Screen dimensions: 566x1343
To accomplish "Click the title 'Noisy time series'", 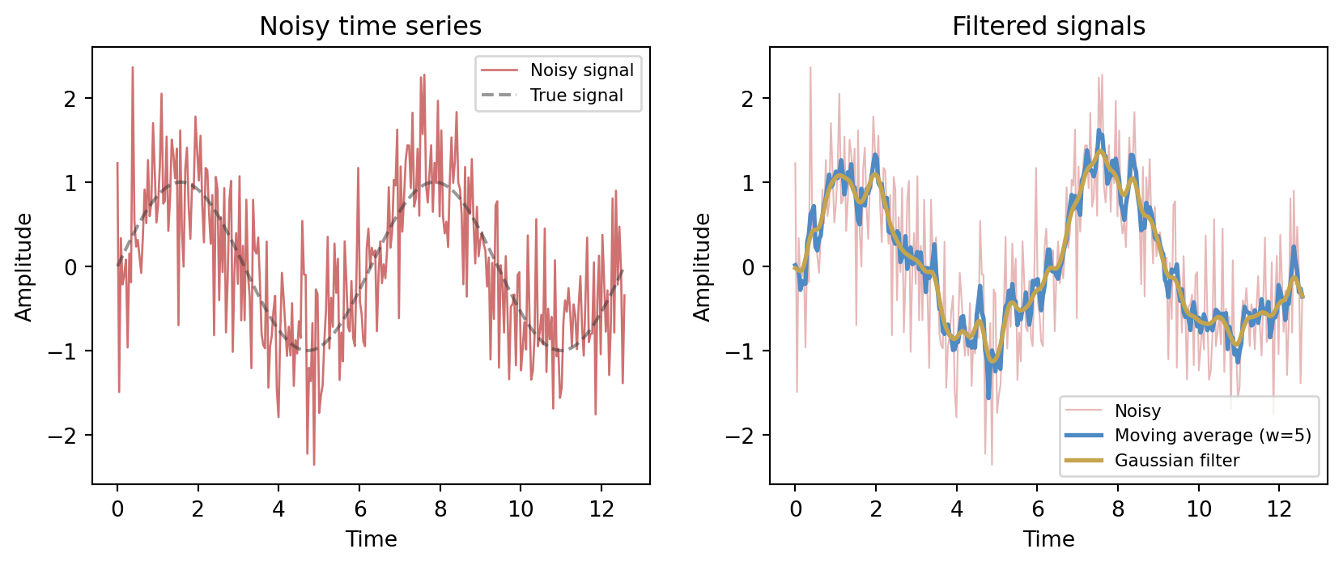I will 370,27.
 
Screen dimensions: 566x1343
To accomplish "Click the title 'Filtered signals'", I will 1048,27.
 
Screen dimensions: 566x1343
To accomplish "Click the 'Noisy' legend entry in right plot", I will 1137,411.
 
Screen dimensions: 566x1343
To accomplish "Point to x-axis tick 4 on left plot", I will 278,509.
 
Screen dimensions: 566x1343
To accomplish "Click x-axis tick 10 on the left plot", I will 521,509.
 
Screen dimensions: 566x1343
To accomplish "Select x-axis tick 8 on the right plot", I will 1118,509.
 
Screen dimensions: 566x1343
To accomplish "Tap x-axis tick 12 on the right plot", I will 1279,509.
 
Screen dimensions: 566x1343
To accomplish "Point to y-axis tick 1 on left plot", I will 71,183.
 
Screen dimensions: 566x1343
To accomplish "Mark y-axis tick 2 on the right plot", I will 749,99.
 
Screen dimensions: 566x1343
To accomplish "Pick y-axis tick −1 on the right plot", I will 743,351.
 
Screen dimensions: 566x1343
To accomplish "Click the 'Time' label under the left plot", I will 371,539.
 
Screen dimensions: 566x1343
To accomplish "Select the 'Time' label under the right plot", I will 1048,539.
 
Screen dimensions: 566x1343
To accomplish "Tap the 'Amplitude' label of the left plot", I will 24,266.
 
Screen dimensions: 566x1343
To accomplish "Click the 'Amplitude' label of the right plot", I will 702,266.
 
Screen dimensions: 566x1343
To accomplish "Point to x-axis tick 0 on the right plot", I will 795,509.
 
